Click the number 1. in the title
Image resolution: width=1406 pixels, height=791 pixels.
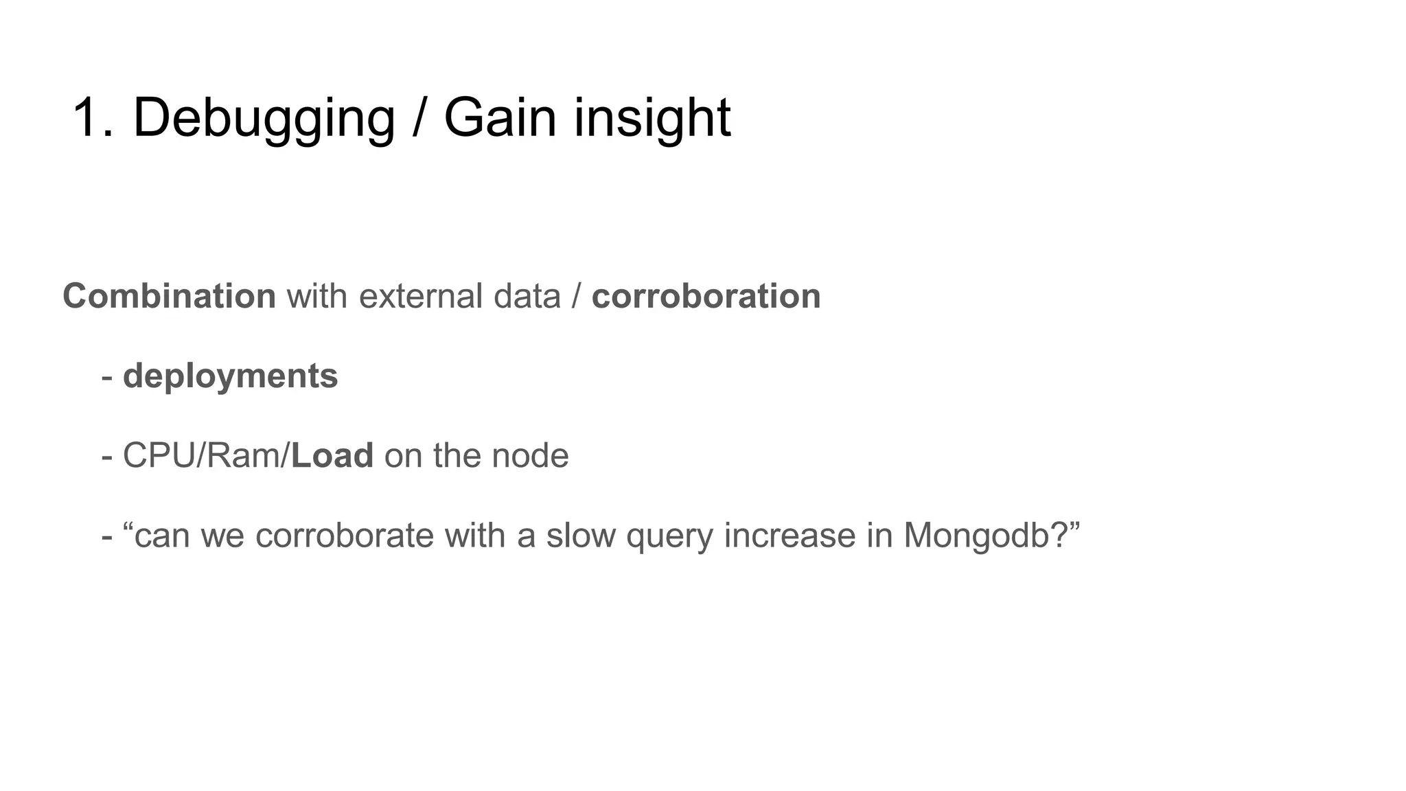pos(92,118)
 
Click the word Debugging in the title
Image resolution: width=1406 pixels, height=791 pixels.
pos(264,118)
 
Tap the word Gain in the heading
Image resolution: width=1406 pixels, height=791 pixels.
pos(499,118)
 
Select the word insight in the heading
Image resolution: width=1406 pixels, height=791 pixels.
pos(652,118)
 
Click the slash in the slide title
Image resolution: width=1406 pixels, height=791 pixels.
pos(419,118)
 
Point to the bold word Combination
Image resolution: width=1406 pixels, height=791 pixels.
pos(169,297)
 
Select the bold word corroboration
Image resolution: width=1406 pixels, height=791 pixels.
pos(706,297)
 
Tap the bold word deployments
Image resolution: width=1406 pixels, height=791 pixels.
pos(230,376)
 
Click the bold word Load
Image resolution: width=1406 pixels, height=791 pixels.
pos(332,456)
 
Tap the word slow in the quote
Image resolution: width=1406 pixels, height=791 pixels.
pos(581,536)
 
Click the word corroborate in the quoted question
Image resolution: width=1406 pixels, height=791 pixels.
pos(345,536)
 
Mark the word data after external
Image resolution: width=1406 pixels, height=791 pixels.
pos(527,297)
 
